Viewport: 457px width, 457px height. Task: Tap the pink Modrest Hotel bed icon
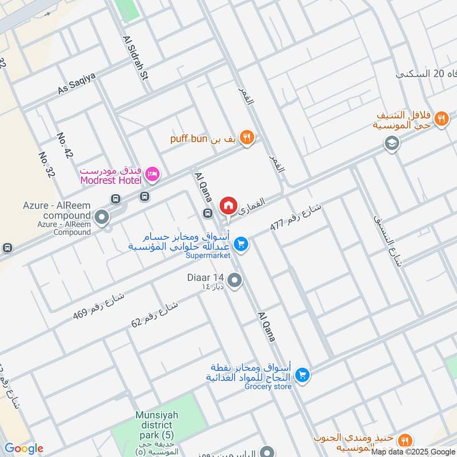coord(152,173)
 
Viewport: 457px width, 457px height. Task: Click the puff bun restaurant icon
coord(247,137)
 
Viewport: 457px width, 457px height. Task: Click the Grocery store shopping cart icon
coord(303,375)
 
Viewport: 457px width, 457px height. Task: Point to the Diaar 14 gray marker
coord(234,280)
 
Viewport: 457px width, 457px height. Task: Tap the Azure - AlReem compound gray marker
coord(102,217)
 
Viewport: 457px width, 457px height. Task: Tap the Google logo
coord(23,449)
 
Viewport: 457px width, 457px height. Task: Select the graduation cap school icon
coord(392,142)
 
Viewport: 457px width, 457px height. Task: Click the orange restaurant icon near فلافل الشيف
coord(440,119)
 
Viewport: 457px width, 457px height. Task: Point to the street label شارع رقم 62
coord(155,314)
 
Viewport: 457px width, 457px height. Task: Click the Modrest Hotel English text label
coord(111,181)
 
